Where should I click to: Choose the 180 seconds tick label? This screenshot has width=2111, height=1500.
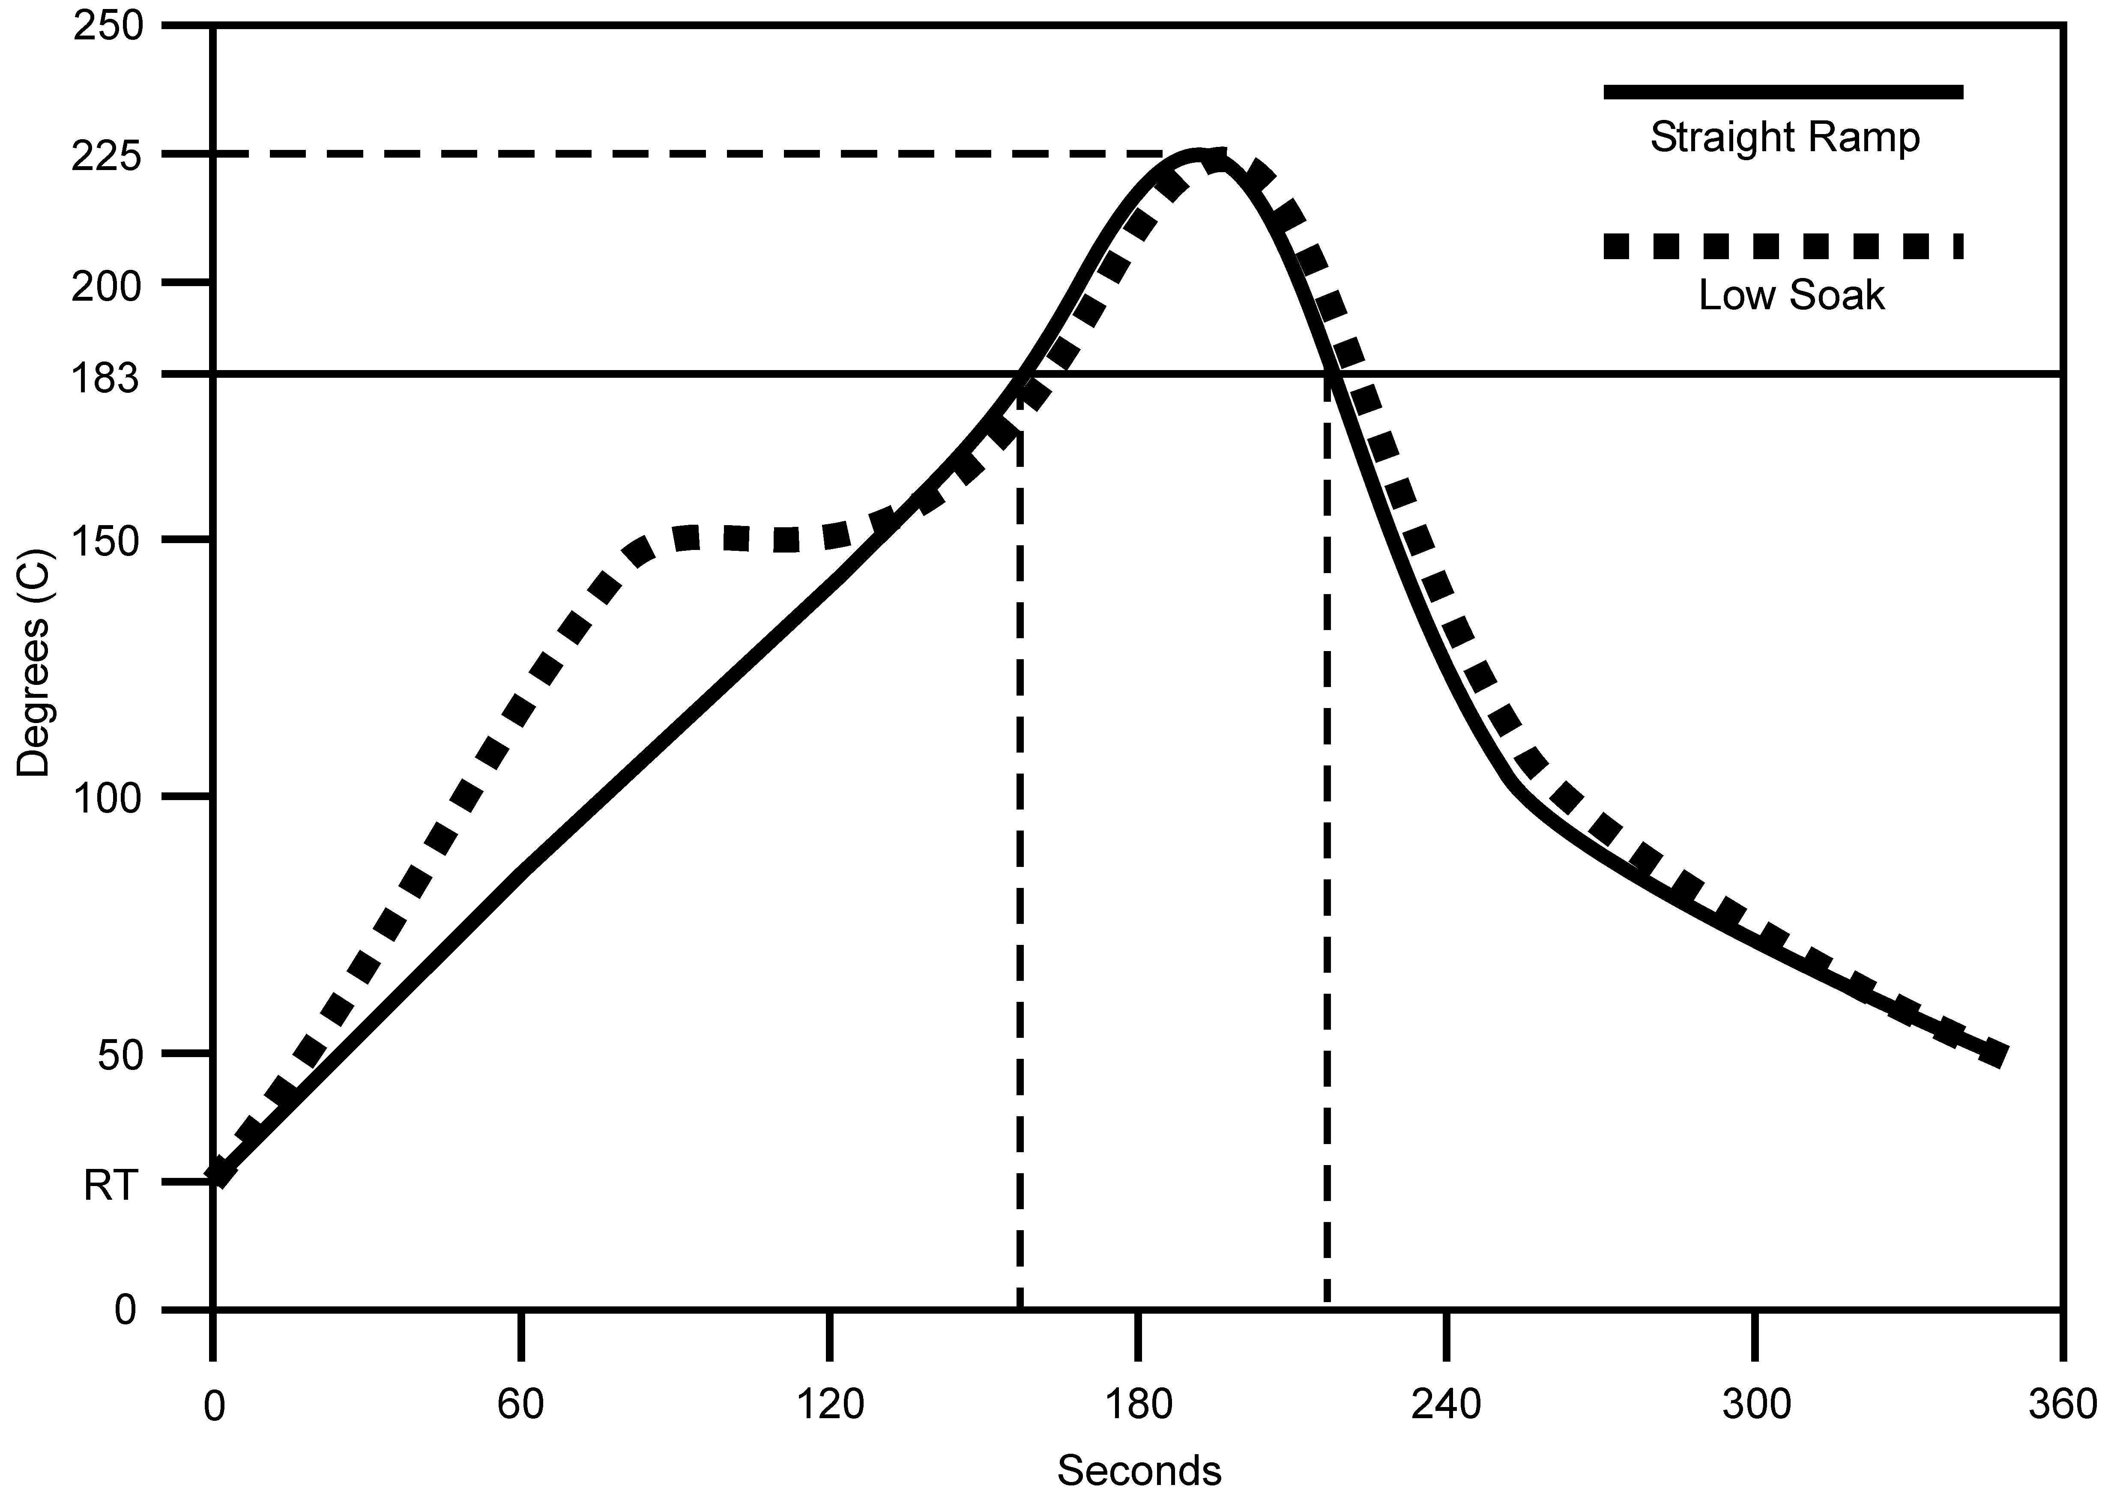pos(1138,1405)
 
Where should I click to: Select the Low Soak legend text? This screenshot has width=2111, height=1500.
pos(1791,296)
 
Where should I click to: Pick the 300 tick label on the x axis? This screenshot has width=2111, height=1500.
pos(1755,1405)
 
